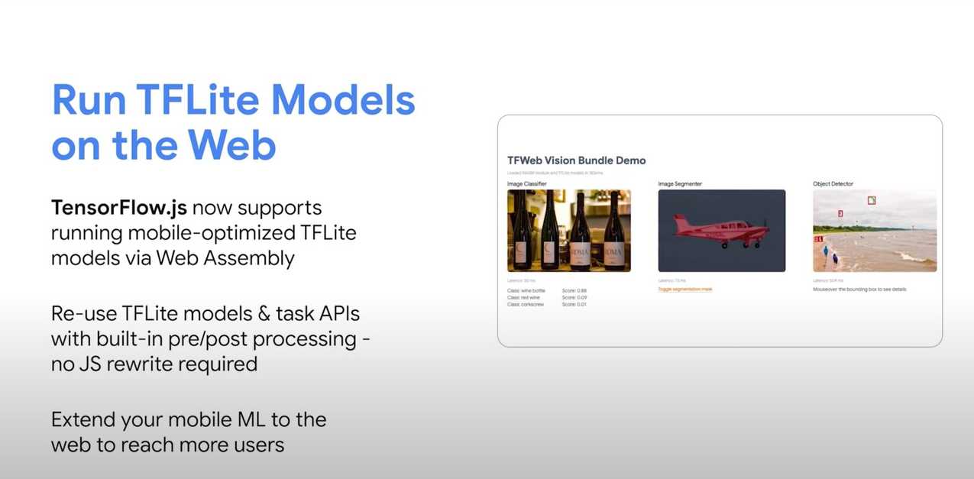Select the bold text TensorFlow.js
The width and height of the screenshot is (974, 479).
(118, 208)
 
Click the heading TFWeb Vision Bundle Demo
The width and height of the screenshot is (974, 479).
(576, 160)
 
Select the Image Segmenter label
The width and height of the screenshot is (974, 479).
(680, 184)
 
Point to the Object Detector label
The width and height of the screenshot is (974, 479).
(833, 184)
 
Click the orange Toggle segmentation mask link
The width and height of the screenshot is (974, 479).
(685, 289)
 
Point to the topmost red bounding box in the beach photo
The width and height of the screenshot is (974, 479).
(872, 200)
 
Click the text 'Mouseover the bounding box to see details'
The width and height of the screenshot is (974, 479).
(859, 290)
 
